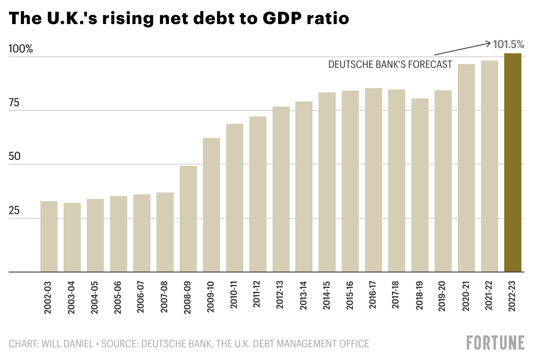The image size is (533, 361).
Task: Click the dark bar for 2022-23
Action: coord(513,162)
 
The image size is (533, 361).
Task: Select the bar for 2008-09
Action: coord(188,219)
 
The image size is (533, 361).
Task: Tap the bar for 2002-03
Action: coord(49,236)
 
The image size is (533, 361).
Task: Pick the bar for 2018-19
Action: coord(420,185)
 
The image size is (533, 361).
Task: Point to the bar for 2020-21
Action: coord(466,168)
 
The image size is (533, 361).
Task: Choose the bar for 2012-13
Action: coord(281,189)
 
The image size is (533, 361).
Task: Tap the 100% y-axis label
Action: coord(21,49)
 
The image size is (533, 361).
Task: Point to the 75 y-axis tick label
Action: coord(15,103)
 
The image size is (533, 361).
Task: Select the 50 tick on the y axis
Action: coord(15,156)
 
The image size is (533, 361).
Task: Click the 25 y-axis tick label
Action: coord(15,211)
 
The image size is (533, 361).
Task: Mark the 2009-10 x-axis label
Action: coord(211,305)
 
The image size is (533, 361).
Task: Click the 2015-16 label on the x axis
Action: coord(350,305)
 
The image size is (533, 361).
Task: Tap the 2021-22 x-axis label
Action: coord(490,305)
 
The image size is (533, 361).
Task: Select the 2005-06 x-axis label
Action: coord(118,305)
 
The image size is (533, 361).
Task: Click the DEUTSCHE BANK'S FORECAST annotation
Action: coord(390,64)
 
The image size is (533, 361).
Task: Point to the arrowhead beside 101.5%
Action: coord(488,42)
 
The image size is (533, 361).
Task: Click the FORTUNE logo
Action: coord(496,343)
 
